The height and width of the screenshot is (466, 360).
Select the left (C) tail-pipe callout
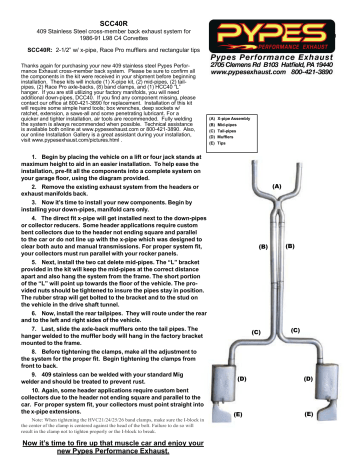pyautogui.click(x=256, y=330)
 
